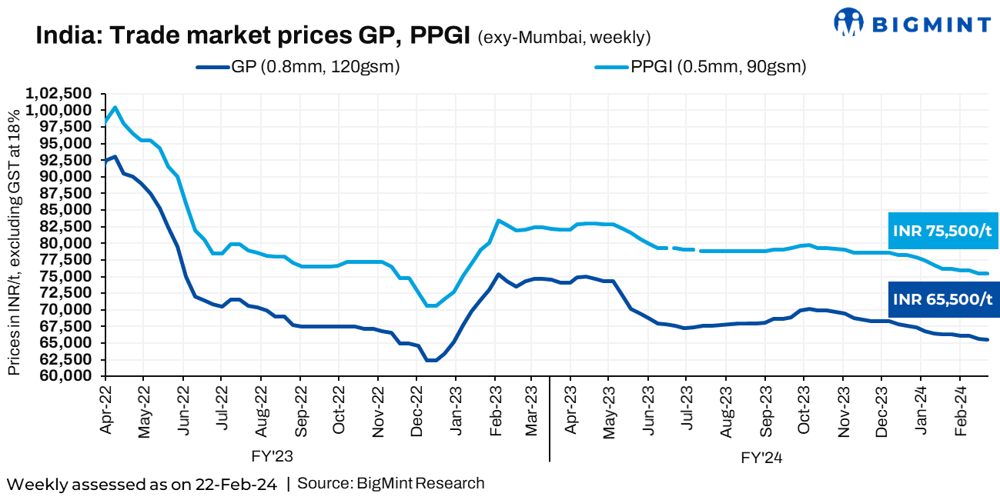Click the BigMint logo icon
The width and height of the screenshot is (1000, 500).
pyautogui.click(x=849, y=22)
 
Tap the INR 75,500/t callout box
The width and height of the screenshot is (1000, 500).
pyautogui.click(x=942, y=231)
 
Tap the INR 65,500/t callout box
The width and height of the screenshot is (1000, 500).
pyautogui.click(x=942, y=299)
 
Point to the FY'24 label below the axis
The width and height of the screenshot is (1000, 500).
pyautogui.click(x=762, y=457)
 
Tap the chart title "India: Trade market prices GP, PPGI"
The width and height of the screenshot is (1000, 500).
pyautogui.click(x=253, y=36)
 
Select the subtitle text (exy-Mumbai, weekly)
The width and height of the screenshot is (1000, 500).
pyautogui.click(x=564, y=38)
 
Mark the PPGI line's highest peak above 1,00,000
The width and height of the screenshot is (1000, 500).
pyautogui.click(x=115, y=107)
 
